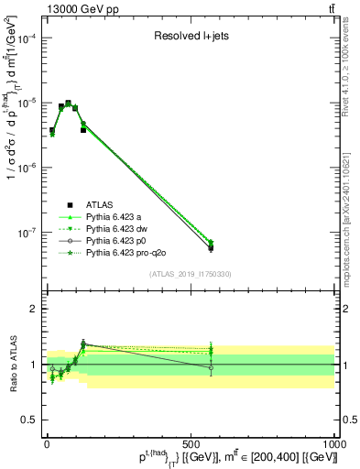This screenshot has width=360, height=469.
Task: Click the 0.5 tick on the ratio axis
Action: pos(34,419)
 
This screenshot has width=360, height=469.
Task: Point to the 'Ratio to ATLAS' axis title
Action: pos(13,363)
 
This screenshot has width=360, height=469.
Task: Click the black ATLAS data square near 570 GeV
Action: pos(211,248)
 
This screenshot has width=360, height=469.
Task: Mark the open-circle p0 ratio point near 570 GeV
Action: pos(211,368)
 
